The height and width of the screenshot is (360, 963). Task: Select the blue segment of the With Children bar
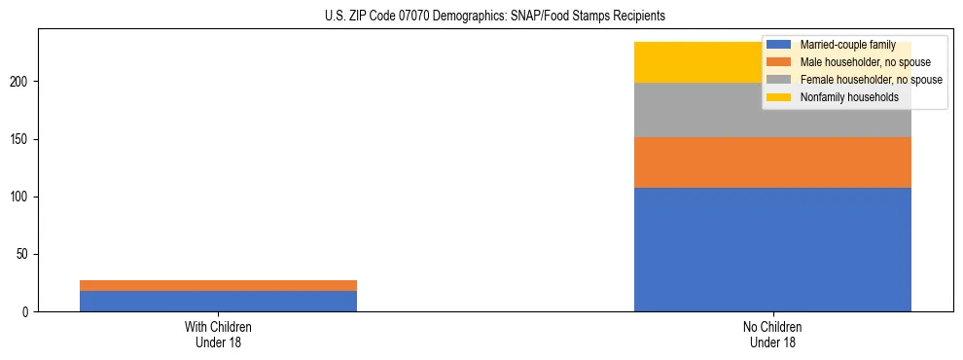click(x=218, y=301)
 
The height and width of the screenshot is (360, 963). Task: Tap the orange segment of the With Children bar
click(x=218, y=285)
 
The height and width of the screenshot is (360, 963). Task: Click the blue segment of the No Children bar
click(x=772, y=249)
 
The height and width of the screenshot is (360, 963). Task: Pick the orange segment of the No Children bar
click(x=772, y=162)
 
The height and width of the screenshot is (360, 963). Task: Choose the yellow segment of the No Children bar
click(x=695, y=62)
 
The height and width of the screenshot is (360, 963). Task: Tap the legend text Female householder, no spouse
click(x=870, y=80)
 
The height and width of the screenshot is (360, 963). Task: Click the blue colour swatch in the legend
click(x=779, y=45)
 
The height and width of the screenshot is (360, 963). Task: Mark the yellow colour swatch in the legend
click(x=779, y=97)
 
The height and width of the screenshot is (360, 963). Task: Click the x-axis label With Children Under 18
click(x=218, y=335)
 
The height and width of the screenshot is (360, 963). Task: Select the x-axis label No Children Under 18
click(x=772, y=335)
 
